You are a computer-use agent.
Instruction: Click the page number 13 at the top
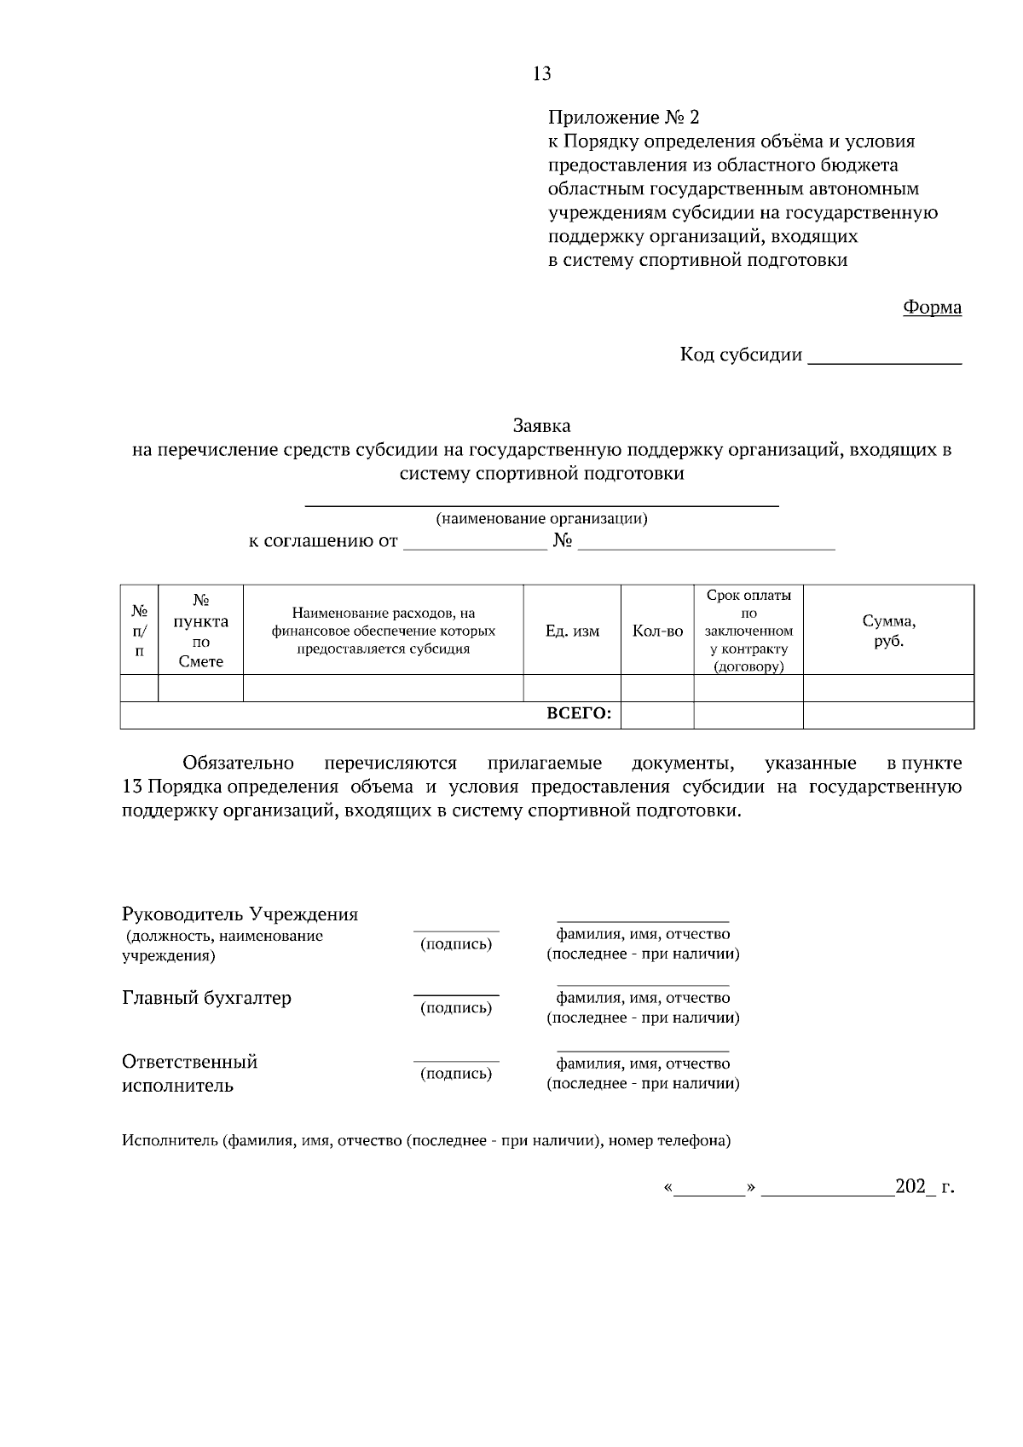point(541,74)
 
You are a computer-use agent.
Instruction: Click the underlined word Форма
point(932,308)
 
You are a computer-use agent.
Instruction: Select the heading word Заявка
point(541,425)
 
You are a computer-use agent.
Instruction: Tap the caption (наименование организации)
point(541,519)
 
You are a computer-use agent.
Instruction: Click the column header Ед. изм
point(572,631)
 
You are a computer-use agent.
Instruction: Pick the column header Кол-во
point(657,631)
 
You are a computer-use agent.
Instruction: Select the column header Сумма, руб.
point(888,631)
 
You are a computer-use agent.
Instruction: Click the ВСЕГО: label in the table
point(579,715)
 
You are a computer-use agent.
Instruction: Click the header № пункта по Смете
point(201,631)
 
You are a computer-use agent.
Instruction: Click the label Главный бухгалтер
point(206,998)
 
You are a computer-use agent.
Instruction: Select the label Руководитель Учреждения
point(240,915)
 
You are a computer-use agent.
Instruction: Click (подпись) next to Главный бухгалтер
point(456,1008)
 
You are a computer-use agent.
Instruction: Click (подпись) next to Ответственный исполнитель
point(456,1074)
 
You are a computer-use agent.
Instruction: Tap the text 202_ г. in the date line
point(924,1186)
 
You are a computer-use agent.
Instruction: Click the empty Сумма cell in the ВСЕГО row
point(888,715)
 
